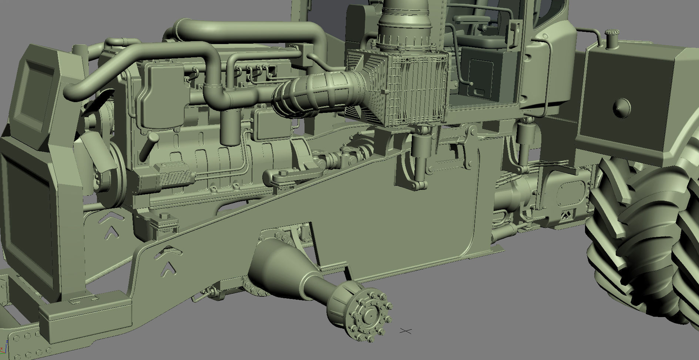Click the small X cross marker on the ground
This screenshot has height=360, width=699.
pos(406,330)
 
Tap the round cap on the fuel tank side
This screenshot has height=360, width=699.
pos(622,107)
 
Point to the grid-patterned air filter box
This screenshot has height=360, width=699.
pos(407,89)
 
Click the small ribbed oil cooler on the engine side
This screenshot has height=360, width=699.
pos(174,178)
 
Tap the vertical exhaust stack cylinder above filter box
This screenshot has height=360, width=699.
pos(405,22)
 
